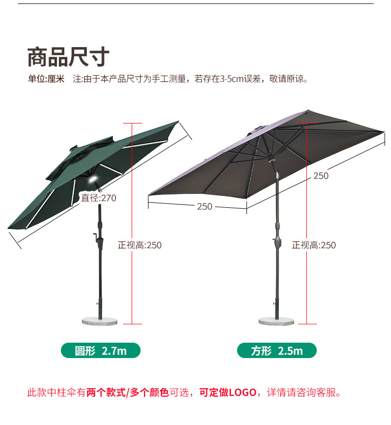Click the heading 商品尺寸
68,57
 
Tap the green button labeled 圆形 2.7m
100,351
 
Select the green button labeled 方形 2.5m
277,351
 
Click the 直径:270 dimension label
99,198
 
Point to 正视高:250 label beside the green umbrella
140,245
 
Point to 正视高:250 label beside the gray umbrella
314,245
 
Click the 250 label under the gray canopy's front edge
204,206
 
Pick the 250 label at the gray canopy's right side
321,176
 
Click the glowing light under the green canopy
93,181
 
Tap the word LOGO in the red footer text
242,393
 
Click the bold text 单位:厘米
46,79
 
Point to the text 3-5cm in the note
232,79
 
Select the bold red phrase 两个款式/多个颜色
128,393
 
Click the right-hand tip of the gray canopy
383,131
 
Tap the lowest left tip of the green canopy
9,228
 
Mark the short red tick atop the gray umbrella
307,121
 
